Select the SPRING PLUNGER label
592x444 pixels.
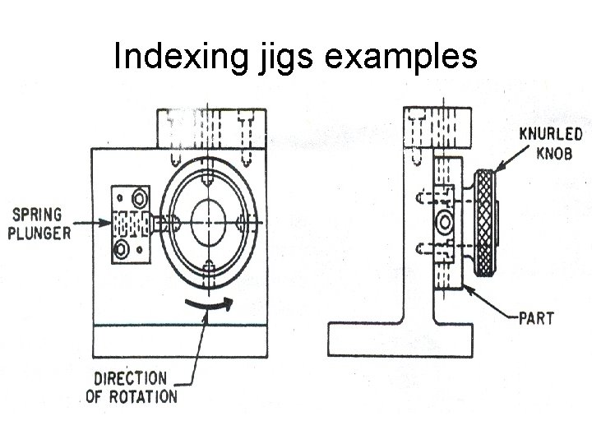(x=39, y=223)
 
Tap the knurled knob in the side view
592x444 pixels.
(x=485, y=222)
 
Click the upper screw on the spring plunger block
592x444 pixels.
(x=139, y=197)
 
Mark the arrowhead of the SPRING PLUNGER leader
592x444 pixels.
(x=107, y=222)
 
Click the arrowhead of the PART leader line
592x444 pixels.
(x=466, y=284)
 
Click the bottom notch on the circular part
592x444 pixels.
(x=210, y=266)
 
